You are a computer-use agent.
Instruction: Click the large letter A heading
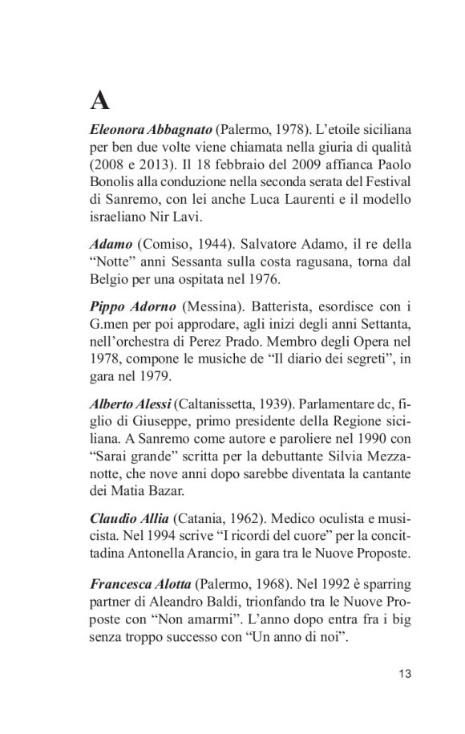point(99,102)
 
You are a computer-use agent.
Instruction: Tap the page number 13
point(405,674)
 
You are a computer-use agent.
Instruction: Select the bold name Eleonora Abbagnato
point(152,130)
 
